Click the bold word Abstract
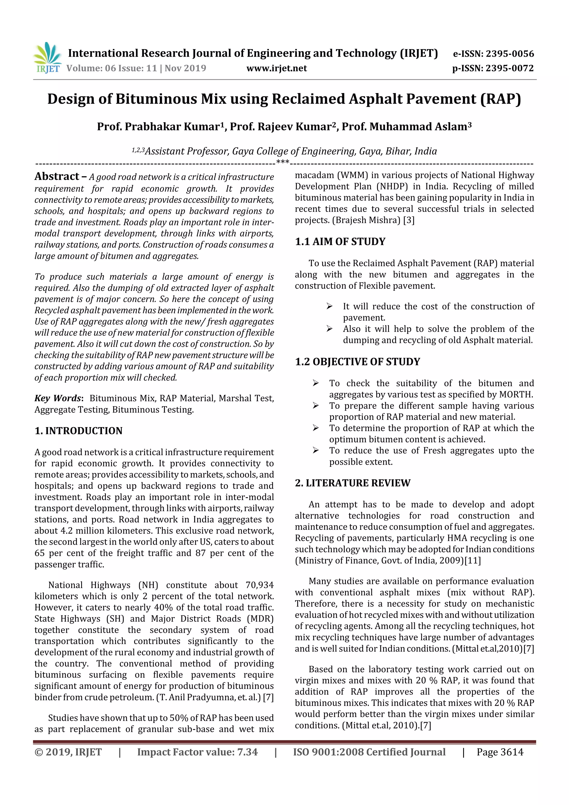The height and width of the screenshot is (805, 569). click(x=57, y=176)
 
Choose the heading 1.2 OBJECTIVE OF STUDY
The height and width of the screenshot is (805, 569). click(x=357, y=362)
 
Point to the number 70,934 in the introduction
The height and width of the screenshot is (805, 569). click(x=259, y=585)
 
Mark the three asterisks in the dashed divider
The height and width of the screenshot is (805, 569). click(x=283, y=162)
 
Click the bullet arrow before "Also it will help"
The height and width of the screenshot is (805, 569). click(x=329, y=329)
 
